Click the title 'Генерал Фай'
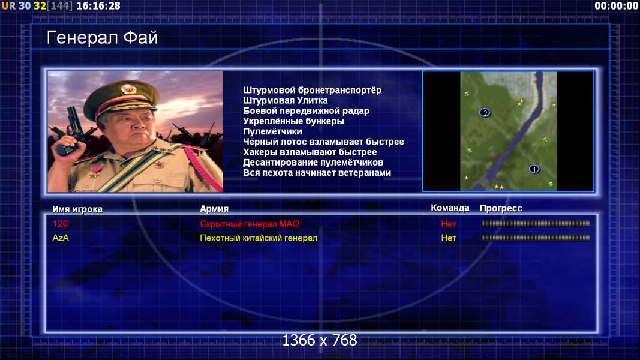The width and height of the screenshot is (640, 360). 102,38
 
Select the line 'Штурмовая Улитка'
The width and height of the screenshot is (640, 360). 286,100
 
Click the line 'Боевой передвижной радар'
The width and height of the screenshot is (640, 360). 306,111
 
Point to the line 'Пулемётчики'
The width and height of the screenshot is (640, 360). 273,131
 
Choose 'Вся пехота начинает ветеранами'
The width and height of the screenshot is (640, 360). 317,173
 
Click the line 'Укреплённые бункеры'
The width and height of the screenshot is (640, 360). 293,121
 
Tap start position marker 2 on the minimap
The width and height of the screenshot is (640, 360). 485,113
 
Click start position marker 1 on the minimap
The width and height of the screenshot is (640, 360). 534,169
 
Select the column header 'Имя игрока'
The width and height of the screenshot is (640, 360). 77,209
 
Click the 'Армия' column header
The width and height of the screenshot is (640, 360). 214,209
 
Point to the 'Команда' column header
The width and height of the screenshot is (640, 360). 450,208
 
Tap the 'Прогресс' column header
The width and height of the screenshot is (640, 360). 501,208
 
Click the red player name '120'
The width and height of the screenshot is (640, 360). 60,224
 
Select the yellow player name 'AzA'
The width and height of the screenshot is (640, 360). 61,238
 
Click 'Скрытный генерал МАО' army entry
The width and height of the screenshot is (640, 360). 250,224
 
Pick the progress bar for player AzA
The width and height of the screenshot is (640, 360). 536,238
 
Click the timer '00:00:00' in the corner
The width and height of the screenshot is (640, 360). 617,6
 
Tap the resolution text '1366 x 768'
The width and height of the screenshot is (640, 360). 320,340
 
